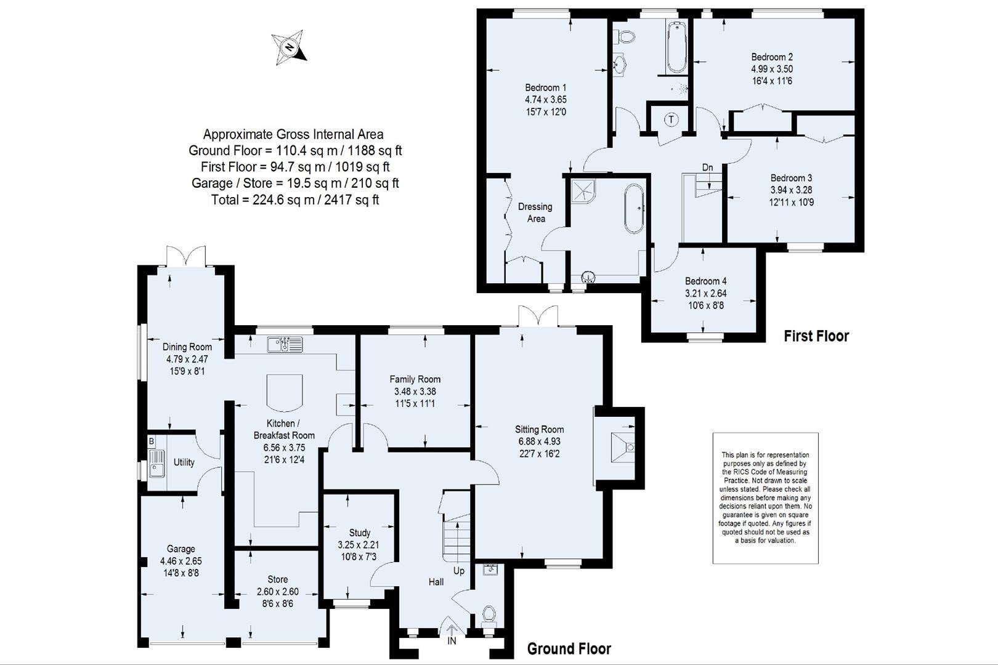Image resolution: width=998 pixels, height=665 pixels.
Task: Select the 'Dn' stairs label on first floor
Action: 707,167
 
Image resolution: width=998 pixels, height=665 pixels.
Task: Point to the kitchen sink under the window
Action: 285,345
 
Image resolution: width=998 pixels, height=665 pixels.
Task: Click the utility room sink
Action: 156,464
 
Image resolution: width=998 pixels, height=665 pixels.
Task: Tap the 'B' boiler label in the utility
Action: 151,441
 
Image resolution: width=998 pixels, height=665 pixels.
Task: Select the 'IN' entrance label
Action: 452,642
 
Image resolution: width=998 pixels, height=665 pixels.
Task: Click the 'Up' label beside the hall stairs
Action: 459,571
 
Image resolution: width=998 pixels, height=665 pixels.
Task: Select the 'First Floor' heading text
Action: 816,336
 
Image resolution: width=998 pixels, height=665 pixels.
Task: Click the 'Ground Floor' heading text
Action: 569,648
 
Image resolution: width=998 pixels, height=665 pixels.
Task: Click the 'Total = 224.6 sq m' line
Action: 294,199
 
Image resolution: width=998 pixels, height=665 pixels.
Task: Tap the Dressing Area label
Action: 535,212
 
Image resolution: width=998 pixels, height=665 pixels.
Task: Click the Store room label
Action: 277,579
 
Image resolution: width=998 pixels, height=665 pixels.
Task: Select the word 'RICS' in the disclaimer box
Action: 736,472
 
